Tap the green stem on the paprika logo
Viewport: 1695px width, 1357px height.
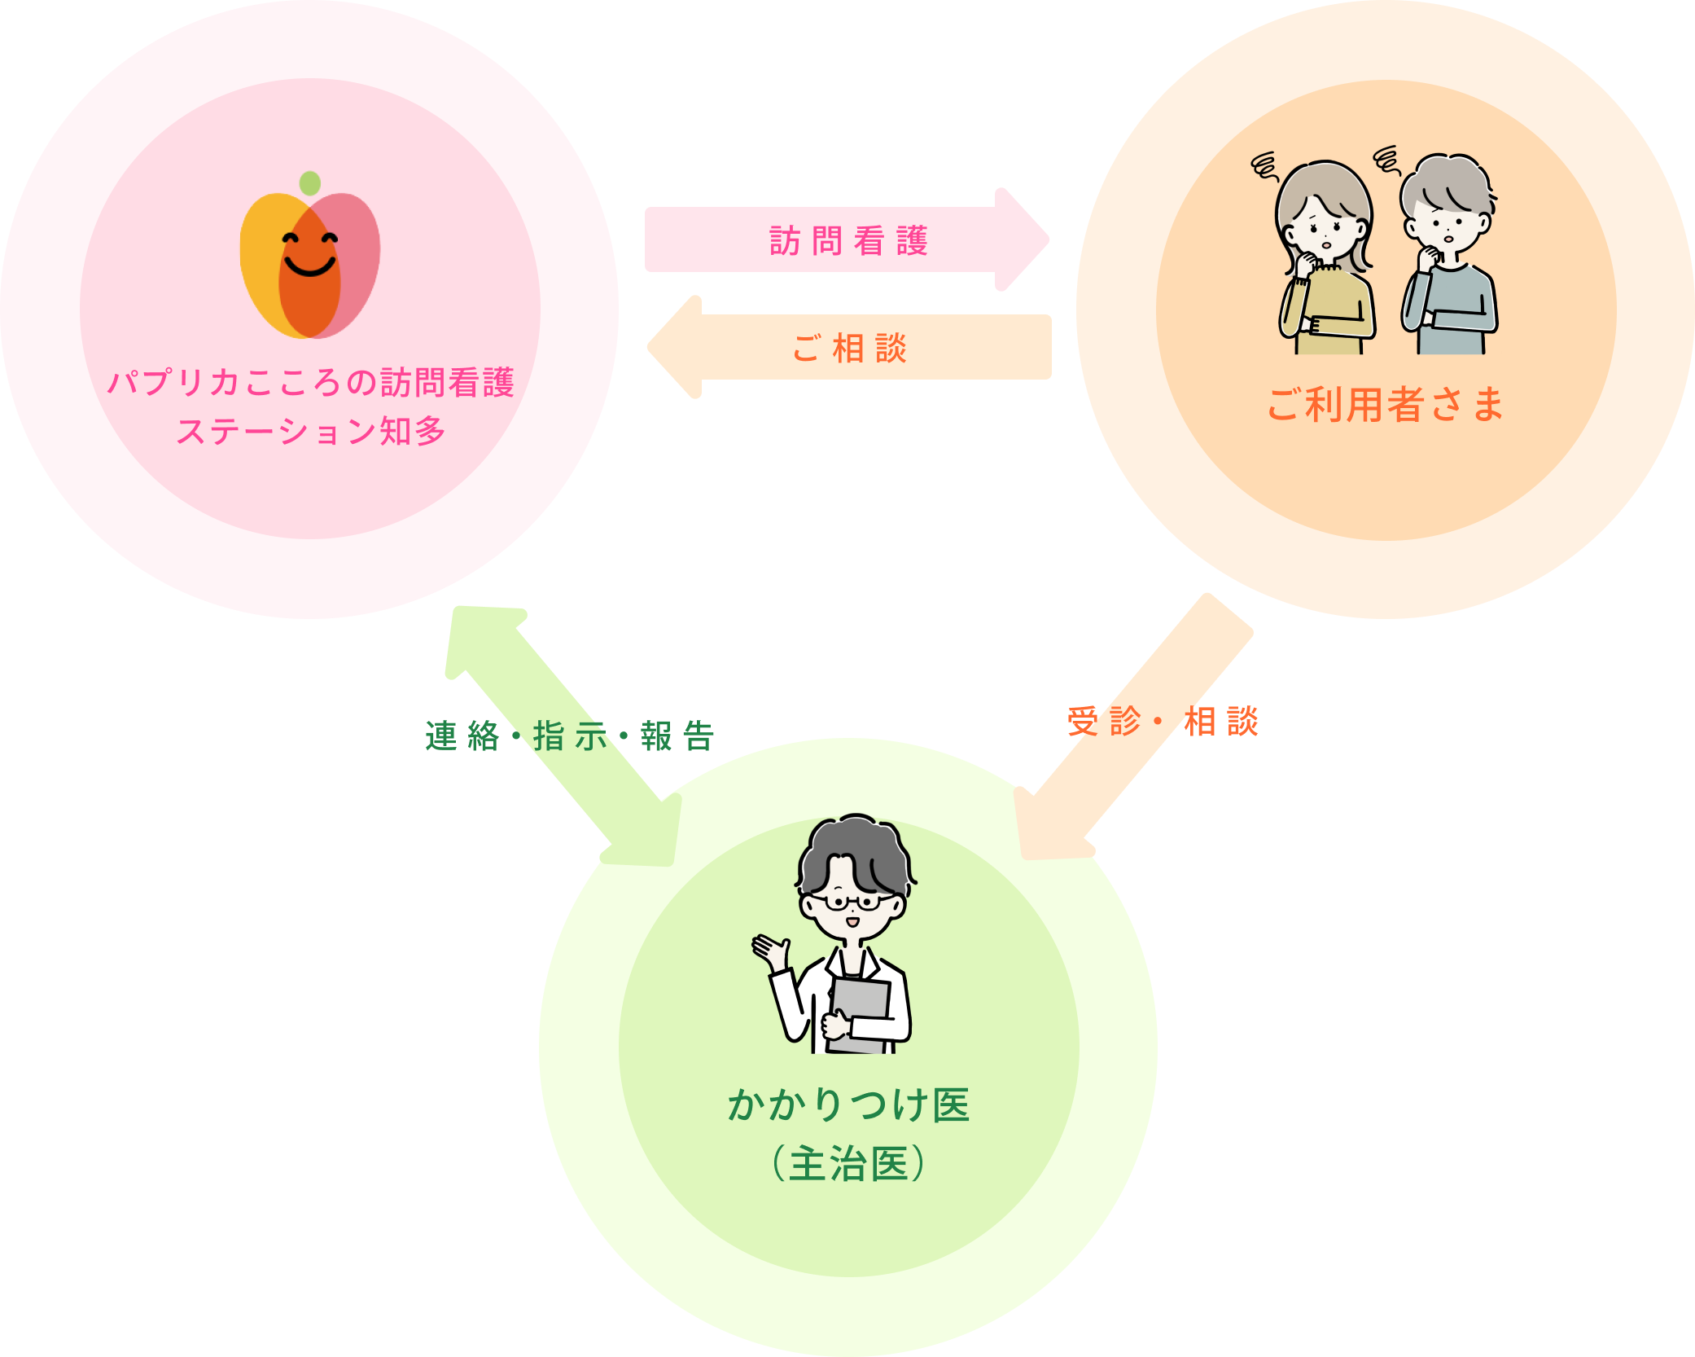309,183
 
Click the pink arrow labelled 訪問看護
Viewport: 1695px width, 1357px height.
847,240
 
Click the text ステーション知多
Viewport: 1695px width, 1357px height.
311,431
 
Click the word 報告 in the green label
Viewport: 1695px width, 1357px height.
677,736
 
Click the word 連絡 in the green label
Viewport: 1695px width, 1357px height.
462,736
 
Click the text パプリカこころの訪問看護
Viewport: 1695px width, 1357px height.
311,382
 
